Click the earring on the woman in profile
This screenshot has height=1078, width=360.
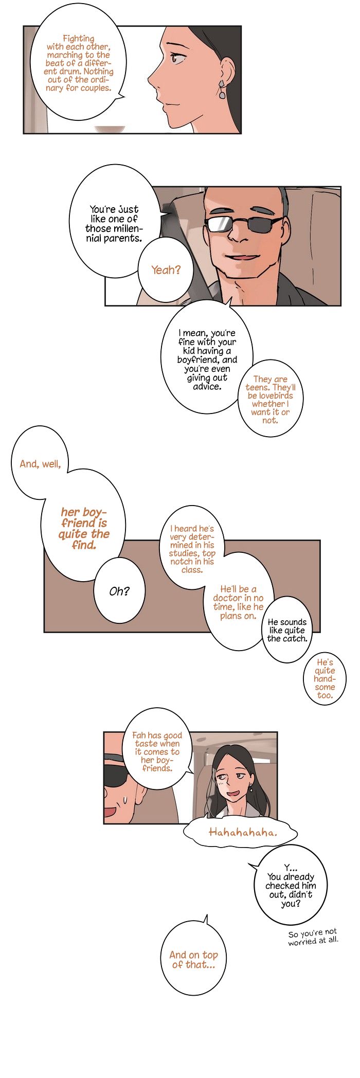coord(222,89)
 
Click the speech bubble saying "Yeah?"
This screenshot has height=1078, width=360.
coord(166,271)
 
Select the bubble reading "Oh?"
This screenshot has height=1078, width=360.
coord(119,591)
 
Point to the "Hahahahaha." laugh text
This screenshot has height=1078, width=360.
coord(243,832)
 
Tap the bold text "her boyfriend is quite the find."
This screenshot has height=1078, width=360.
coord(84,528)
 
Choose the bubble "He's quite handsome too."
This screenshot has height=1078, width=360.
coord(325,678)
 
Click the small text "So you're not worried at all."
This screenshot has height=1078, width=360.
coord(313,937)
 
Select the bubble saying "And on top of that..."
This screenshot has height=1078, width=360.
coord(194,959)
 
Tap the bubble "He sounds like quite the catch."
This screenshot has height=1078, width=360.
coord(287,630)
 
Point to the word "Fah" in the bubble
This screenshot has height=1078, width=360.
coord(139,735)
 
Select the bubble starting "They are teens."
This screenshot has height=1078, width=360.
coord(271,399)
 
